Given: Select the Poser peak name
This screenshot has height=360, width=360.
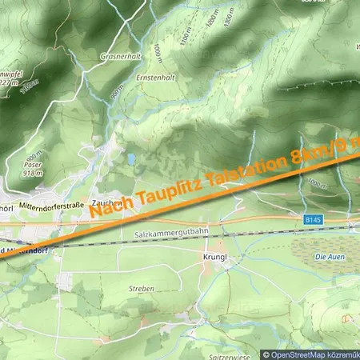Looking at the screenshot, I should [31, 165].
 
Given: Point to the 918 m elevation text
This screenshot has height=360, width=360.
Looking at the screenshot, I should [33, 173].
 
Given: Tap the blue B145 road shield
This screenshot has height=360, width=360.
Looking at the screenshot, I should [313, 218].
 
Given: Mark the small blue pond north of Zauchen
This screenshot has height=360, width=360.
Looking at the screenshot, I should [130, 159].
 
